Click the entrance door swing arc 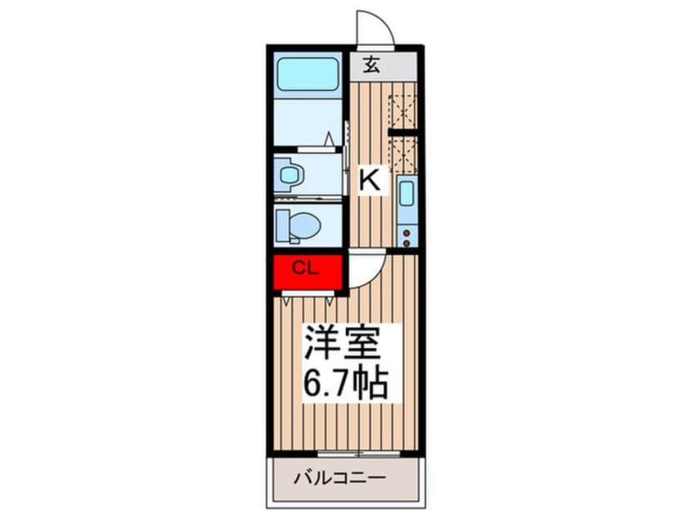coord(378,27)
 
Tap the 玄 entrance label coord(372,66)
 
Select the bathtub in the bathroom coord(308,74)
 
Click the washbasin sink coord(289,174)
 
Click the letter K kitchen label coord(371,180)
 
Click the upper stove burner coord(407,232)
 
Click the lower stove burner coord(407,241)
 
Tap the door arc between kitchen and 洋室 coord(366,270)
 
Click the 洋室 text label coord(343,343)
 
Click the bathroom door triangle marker coord(331,141)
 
